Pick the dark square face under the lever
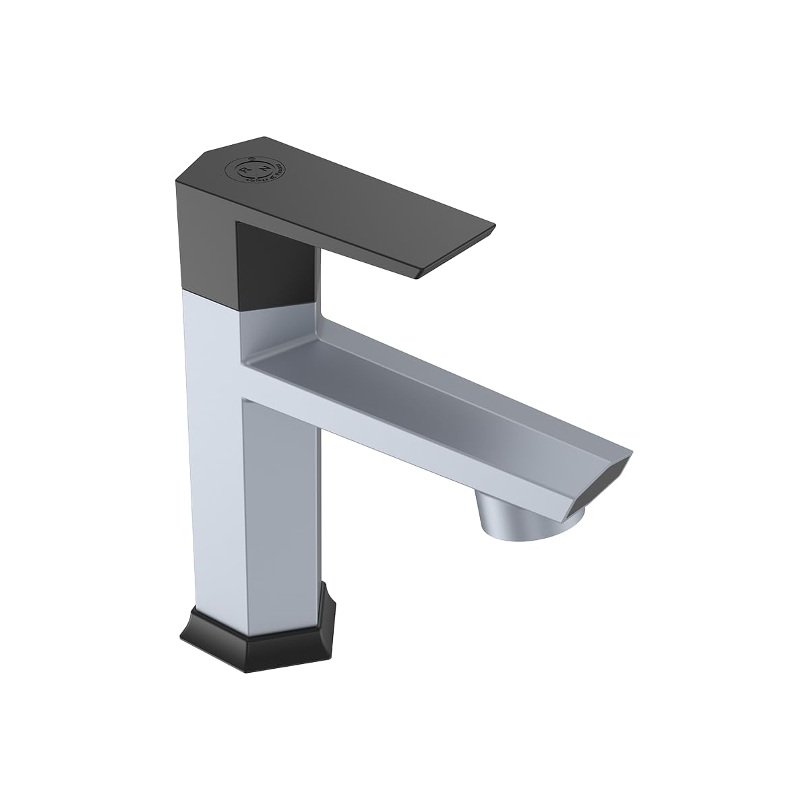click(275, 267)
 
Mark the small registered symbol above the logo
click(248, 157)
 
